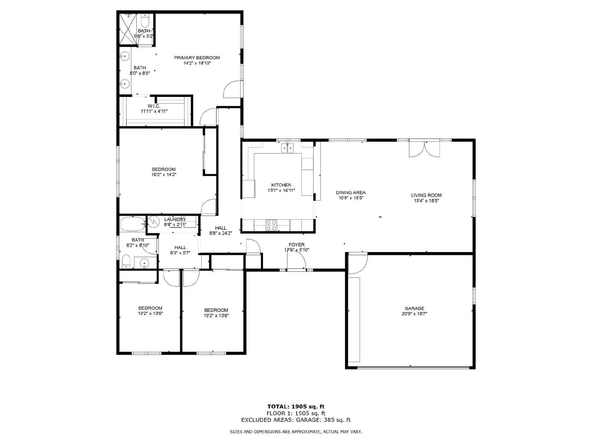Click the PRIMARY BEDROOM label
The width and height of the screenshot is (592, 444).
[196, 58]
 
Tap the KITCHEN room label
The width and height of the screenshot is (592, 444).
[281, 185]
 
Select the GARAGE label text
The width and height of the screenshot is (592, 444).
[414, 309]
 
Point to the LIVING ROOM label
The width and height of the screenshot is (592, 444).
[426, 195]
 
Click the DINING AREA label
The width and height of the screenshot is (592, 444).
[351, 192]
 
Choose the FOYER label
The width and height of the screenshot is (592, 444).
[297, 245]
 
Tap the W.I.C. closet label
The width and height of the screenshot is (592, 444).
[154, 106]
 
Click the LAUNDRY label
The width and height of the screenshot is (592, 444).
[175, 219]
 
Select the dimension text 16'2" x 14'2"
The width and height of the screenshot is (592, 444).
[164, 174]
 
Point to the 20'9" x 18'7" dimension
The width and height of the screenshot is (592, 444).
[414, 314]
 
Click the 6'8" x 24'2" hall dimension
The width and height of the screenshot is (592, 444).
[221, 233]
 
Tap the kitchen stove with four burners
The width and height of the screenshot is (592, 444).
[271, 225]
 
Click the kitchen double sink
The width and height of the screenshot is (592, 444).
[287, 148]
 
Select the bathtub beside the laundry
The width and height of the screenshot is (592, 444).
[132, 224]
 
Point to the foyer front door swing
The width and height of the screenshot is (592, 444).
[296, 259]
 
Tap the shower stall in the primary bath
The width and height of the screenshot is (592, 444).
[128, 28]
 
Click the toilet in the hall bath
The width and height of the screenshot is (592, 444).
[126, 262]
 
